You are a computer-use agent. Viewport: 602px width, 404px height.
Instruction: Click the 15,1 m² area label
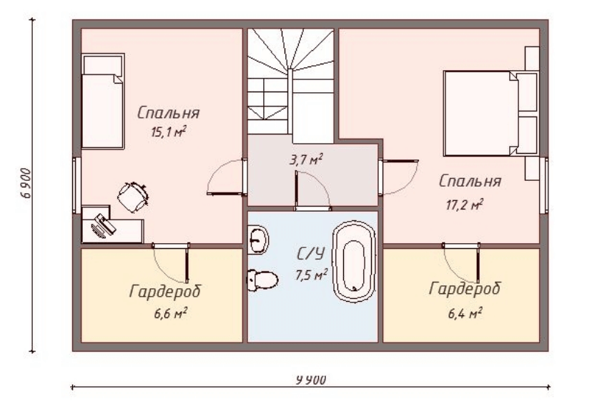click(169, 132)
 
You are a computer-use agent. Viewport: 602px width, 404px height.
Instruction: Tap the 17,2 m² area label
click(465, 205)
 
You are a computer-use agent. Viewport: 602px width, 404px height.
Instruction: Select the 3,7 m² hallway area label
click(306, 159)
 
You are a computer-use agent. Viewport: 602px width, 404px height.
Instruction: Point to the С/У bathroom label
click(310, 253)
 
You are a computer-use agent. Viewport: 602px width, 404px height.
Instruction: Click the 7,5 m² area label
click(311, 275)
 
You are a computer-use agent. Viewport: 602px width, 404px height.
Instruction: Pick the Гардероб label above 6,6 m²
click(165, 292)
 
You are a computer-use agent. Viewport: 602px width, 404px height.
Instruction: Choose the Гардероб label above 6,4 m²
click(465, 289)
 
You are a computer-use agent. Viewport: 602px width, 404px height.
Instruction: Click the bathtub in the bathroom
click(354, 262)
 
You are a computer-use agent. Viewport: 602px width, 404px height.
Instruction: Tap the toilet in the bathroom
click(262, 280)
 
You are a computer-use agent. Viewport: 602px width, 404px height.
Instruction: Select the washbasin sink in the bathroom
click(257, 240)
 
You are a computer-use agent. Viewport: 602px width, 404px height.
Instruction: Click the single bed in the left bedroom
click(102, 102)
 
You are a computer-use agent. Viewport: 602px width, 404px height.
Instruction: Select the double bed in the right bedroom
click(490, 113)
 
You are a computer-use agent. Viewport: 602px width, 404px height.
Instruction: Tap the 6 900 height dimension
click(26, 183)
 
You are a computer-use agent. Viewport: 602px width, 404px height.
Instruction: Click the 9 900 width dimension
click(311, 380)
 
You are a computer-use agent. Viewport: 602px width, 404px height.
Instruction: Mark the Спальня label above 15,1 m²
click(168, 113)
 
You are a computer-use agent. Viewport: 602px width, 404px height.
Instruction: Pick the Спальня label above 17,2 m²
click(470, 181)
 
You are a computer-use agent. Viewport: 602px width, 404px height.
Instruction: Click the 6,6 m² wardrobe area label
click(170, 314)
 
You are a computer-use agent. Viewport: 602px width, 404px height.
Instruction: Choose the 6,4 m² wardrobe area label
click(465, 314)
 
